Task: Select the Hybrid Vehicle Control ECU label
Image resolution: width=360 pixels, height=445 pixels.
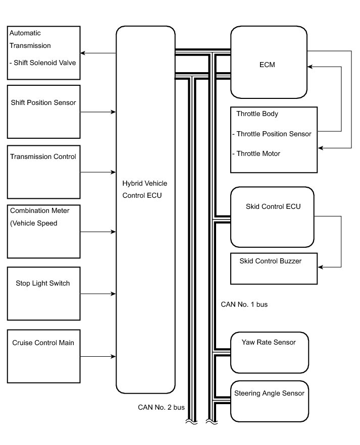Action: pyautogui.click(x=145, y=189)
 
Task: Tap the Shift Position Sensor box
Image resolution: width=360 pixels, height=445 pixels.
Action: pyautogui.click(x=43, y=112)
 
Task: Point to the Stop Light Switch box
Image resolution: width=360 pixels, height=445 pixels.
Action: pyautogui.click(x=43, y=293)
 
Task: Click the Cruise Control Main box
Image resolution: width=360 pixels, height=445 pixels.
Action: pyautogui.click(x=43, y=355)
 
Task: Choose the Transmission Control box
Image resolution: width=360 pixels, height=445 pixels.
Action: pyautogui.click(x=43, y=172)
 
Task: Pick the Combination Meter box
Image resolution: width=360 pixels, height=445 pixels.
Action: pyautogui.click(x=43, y=232)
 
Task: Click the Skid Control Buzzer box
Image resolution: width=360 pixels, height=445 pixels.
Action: pyautogui.click(x=274, y=268)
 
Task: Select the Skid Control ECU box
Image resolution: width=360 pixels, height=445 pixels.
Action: pyautogui.click(x=272, y=217)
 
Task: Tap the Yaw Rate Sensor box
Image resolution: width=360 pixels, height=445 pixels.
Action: pyautogui.click(x=269, y=352)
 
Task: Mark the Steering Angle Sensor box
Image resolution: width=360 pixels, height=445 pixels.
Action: pyautogui.click(x=269, y=400)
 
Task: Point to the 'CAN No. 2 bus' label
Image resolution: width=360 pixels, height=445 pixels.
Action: pyautogui.click(x=161, y=407)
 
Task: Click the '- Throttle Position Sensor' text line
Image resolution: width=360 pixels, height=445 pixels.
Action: pyautogui.click(x=272, y=134)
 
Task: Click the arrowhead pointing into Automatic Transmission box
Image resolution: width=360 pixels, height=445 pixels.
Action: pyautogui.click(x=83, y=53)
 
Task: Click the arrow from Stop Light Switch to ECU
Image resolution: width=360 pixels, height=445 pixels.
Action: pyautogui.click(x=98, y=293)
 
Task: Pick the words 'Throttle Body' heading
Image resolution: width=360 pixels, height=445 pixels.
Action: pyautogui.click(x=257, y=114)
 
